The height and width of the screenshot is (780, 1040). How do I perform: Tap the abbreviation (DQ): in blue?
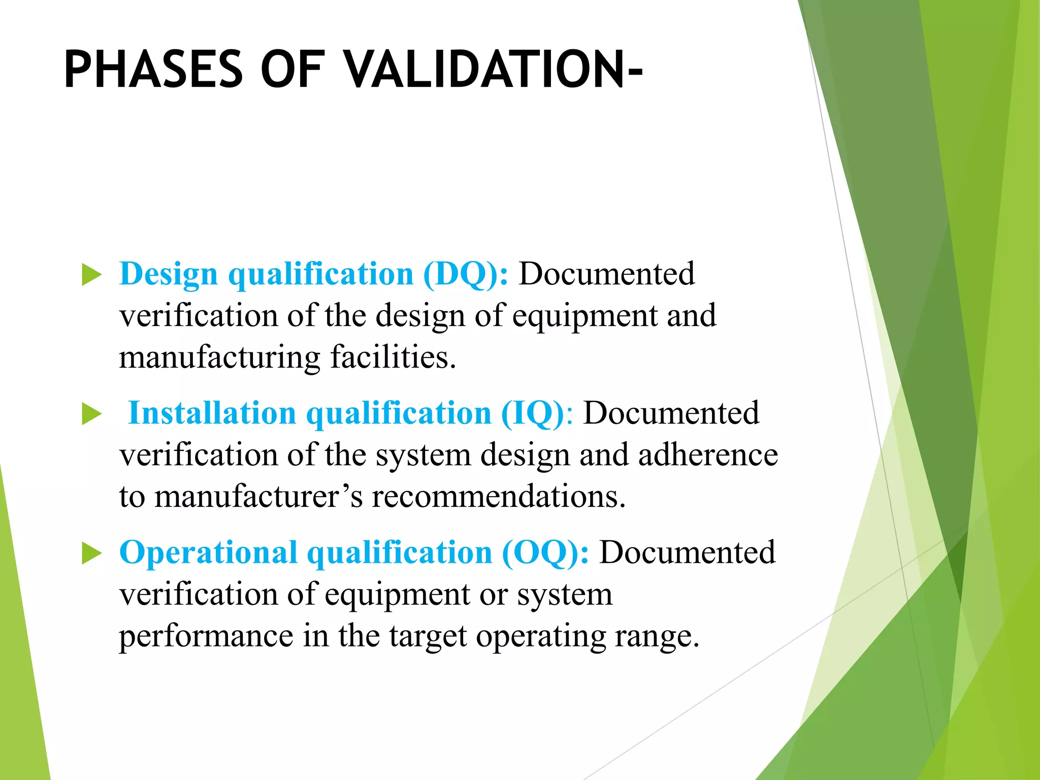pyautogui.click(x=465, y=274)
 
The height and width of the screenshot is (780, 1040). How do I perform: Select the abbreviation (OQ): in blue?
pyautogui.click(x=545, y=552)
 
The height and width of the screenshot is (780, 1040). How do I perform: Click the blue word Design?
pyautogui.click(x=169, y=274)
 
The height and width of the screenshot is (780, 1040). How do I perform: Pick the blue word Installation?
pyautogui.click(x=212, y=413)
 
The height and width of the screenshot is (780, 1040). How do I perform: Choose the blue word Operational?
pyautogui.click(x=209, y=552)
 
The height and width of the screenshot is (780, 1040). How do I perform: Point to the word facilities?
pyautogui.click(x=393, y=356)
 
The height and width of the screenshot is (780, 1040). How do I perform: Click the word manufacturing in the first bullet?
pyautogui.click(x=219, y=357)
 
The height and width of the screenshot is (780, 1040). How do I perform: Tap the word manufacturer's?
pyautogui.click(x=259, y=496)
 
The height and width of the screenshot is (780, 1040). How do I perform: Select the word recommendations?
pyautogui.click(x=498, y=496)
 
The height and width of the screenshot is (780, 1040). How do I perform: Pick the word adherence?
pyautogui.click(x=708, y=454)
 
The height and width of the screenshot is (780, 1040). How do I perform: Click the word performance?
pyautogui.click(x=206, y=636)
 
